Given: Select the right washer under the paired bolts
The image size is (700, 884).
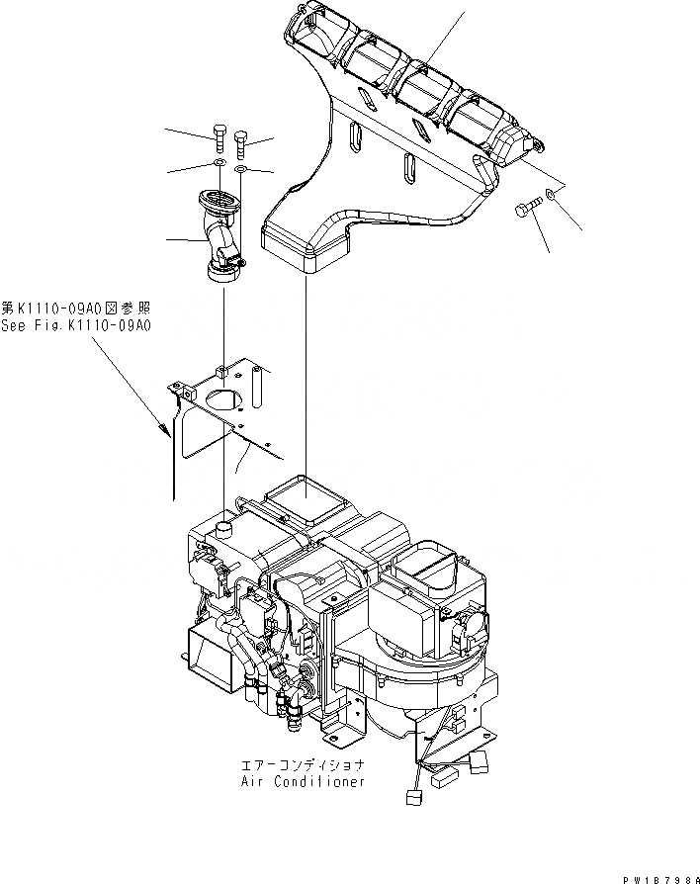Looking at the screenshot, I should click(x=241, y=170).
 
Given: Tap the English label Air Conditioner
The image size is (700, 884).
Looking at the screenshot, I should click(x=303, y=781).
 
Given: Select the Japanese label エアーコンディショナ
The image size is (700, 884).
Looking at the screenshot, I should click(x=303, y=765).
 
